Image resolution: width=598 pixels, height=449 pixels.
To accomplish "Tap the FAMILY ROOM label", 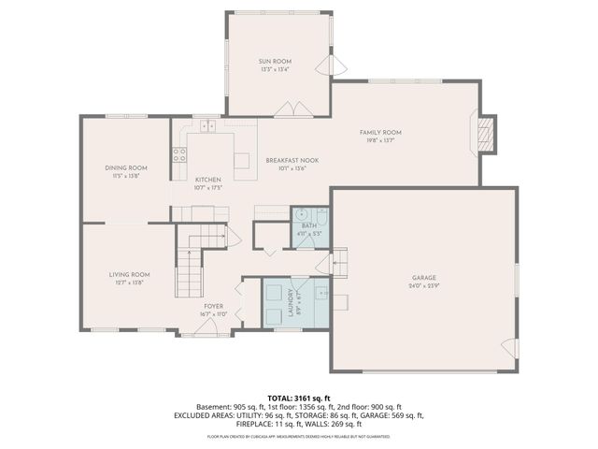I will coord(380,133).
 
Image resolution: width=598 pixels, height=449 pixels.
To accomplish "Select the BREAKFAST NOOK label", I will coord(292,161).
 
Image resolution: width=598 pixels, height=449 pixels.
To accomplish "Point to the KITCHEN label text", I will coord(207,180).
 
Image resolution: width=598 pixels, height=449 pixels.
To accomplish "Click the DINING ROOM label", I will coord(125,167).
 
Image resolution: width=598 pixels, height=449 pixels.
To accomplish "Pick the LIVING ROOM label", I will coord(129,274).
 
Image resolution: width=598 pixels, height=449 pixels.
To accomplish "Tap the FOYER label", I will coord(215,306).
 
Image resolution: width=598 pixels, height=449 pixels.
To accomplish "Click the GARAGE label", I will coord(423,277).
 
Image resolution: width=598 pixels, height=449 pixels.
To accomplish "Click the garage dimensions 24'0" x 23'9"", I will coord(423,285).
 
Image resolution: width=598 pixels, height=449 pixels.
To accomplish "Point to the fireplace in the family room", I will coord(484,135).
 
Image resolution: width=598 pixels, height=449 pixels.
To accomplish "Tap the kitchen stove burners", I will coord(179,155).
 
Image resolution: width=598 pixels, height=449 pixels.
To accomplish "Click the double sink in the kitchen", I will coord(207,125).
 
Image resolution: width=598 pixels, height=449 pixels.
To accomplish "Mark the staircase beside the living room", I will coord(190,271).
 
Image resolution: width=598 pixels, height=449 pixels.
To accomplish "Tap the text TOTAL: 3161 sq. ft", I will coord(298,398).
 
